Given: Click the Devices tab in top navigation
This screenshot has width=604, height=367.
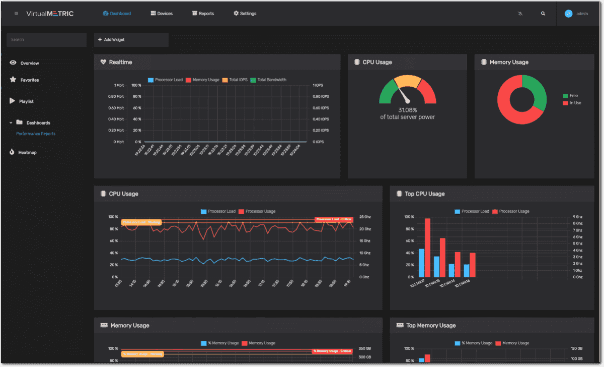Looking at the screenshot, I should point(162,14).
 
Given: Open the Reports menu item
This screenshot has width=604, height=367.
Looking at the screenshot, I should point(203,14).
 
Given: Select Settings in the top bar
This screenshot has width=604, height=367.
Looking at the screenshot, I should point(245,14).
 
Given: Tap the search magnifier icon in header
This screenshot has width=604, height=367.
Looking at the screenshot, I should point(543,14).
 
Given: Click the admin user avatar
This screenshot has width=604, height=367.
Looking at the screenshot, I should point(569,14).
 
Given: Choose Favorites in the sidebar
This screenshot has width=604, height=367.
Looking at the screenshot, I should point(29,80).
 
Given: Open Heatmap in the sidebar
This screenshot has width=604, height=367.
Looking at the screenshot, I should point(27,152).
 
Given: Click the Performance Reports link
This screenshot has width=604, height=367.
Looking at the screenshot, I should point(36,134).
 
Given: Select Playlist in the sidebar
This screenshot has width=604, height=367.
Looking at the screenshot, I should point(26,101).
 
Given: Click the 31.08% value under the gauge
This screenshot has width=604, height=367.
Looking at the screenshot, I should point(407,110).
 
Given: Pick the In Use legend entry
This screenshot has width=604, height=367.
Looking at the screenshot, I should point(575,103).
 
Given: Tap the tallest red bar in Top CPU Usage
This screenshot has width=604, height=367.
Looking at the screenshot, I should point(427,247).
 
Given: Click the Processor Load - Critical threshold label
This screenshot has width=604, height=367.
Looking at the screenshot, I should point(334,219).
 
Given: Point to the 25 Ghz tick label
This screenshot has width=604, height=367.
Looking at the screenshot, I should point(365,217).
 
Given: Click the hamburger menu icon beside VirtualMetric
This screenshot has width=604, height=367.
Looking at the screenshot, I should point(16,14).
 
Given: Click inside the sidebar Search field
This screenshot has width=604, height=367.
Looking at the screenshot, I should point(46,40).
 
